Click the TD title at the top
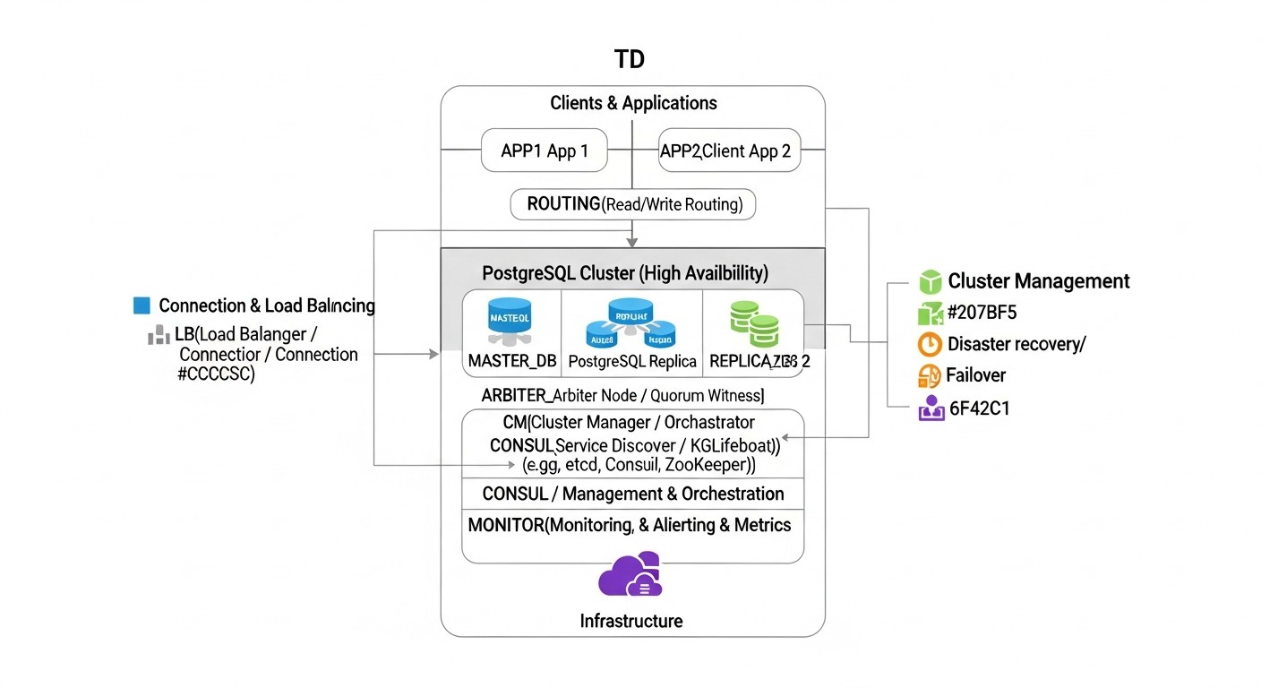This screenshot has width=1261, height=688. tap(630, 60)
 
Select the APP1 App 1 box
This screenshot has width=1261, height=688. tap(544, 150)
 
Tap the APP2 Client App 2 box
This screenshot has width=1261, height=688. tap(728, 150)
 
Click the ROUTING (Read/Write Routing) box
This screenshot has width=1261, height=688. tap(632, 204)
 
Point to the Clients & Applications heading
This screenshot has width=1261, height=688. tap(633, 103)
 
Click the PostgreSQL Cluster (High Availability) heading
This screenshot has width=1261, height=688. tap(624, 272)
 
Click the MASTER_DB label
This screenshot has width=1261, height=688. tap(512, 361)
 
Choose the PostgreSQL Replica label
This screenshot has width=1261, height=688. tap(632, 361)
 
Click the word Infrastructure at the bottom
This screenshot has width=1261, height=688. tap(630, 621)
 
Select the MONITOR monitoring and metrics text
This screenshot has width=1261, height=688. tap(630, 525)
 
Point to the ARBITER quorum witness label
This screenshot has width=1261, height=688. tap(622, 395)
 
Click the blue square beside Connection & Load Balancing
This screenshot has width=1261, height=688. tap(142, 305)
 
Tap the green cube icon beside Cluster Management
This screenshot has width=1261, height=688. tap(931, 281)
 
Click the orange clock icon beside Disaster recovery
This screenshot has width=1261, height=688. tap(931, 344)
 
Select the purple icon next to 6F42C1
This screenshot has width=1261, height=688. tap(931, 408)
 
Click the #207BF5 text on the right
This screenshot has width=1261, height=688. tap(982, 313)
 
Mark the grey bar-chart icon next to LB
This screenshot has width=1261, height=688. tap(159, 335)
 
